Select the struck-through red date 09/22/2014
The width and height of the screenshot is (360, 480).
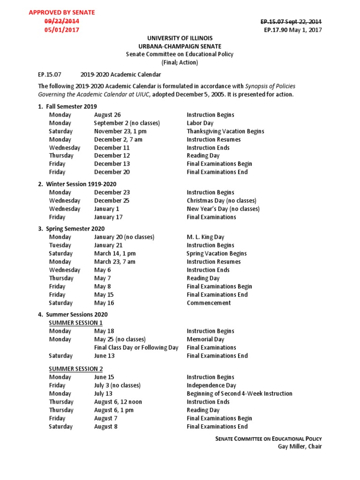[x=62, y=21]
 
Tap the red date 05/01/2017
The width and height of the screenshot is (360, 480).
[x=62, y=30]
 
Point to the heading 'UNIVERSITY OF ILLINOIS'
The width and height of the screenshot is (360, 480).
[x=180, y=38]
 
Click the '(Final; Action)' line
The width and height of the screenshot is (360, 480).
[x=180, y=62]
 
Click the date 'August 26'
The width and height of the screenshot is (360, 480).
[x=107, y=115]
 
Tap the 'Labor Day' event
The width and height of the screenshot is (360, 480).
[x=200, y=123]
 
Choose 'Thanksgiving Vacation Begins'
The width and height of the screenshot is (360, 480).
[x=225, y=131]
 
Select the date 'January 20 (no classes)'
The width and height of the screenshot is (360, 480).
[x=124, y=237]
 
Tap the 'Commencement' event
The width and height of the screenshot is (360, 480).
[x=209, y=303]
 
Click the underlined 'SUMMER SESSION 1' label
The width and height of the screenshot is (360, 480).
[x=75, y=323]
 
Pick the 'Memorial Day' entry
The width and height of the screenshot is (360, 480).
[x=205, y=339]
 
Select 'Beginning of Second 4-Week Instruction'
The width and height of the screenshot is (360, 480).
[x=239, y=394]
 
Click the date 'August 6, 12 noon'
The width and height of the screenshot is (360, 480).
[x=118, y=402]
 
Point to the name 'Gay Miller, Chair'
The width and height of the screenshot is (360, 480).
[x=300, y=446]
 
